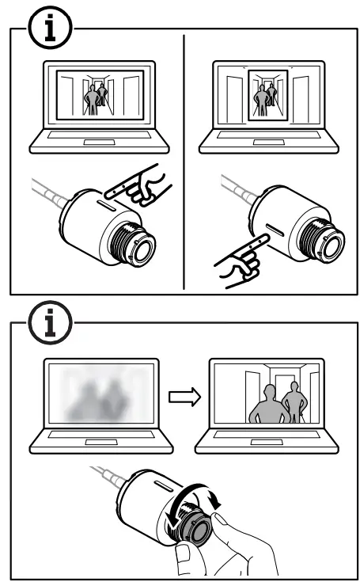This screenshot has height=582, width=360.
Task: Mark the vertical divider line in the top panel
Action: pyautogui.click(x=184, y=158)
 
